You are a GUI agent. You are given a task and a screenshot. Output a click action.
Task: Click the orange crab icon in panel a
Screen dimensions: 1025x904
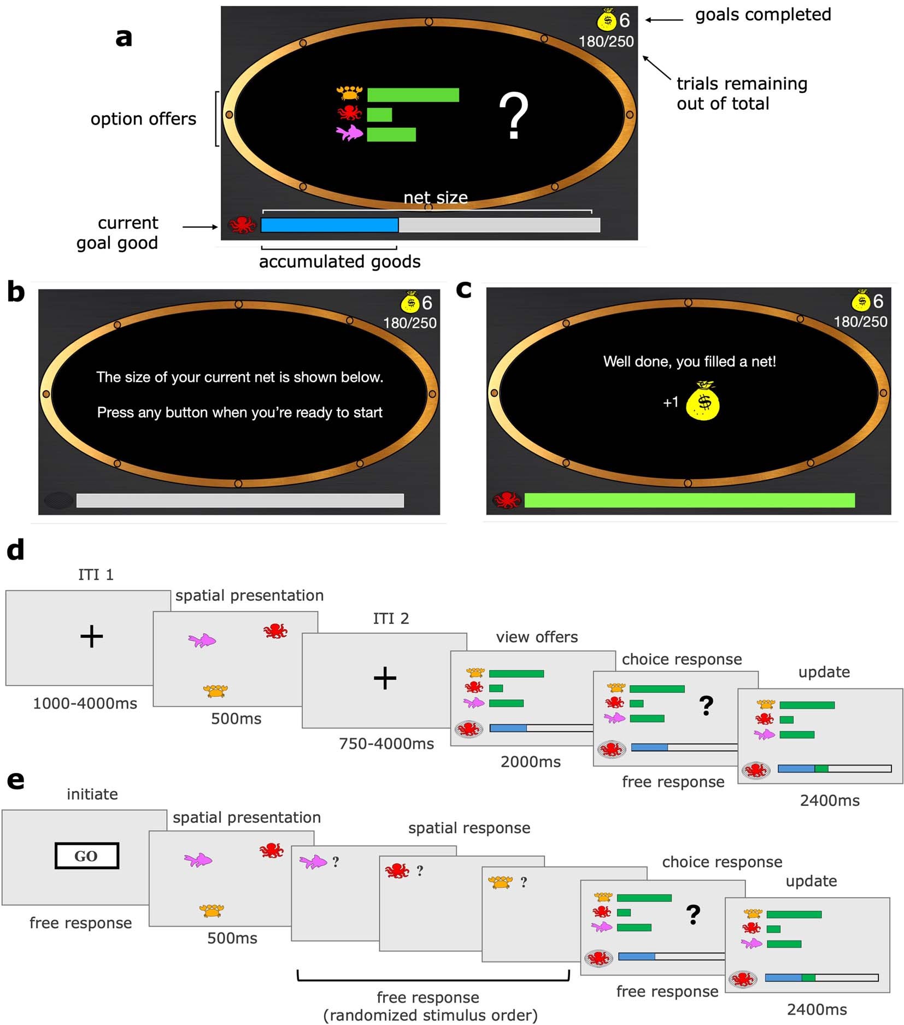pyautogui.click(x=349, y=93)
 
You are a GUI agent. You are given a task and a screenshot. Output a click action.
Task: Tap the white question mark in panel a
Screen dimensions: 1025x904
pyautogui.click(x=513, y=116)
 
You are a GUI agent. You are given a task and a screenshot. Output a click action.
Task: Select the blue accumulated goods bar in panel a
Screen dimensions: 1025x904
pyautogui.click(x=330, y=225)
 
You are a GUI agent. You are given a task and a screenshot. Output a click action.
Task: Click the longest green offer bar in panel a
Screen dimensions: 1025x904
pyautogui.click(x=413, y=95)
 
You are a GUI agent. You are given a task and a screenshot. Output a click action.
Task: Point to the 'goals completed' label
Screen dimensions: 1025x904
pyautogui.click(x=762, y=15)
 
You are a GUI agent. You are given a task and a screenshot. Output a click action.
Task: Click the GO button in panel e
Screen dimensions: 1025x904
pyautogui.click(x=86, y=856)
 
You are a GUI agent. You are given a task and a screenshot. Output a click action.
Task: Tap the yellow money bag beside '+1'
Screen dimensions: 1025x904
pyautogui.click(x=703, y=402)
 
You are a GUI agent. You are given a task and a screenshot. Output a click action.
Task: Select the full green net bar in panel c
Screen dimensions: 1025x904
pyautogui.click(x=689, y=500)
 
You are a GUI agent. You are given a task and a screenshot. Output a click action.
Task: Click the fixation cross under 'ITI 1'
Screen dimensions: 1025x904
pyautogui.click(x=91, y=637)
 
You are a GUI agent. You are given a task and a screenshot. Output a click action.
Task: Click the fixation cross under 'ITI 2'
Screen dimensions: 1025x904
pyautogui.click(x=385, y=678)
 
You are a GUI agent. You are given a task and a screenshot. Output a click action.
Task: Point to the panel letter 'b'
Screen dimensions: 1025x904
pyautogui.click(x=16, y=292)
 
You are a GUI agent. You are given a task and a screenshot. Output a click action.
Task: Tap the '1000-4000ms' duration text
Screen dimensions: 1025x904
pyautogui.click(x=85, y=703)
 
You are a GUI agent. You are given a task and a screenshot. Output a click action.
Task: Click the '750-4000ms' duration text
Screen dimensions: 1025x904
pyautogui.click(x=386, y=744)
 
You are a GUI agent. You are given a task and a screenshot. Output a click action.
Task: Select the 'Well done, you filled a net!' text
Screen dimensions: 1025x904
pyautogui.click(x=689, y=361)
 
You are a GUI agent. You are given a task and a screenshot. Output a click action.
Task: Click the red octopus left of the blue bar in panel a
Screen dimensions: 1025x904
pyautogui.click(x=242, y=225)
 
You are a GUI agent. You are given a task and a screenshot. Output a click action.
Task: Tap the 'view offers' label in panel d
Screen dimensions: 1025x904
pyautogui.click(x=537, y=637)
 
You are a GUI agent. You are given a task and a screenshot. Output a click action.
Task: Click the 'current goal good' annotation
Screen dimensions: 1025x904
pyautogui.click(x=118, y=233)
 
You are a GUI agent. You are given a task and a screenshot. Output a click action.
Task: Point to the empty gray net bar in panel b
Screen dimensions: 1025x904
pyautogui.click(x=240, y=500)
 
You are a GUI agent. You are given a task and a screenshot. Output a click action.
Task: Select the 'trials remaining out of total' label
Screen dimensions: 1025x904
pyautogui.click(x=741, y=93)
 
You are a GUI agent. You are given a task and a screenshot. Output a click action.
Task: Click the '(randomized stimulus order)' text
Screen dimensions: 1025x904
pyautogui.click(x=431, y=1015)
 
